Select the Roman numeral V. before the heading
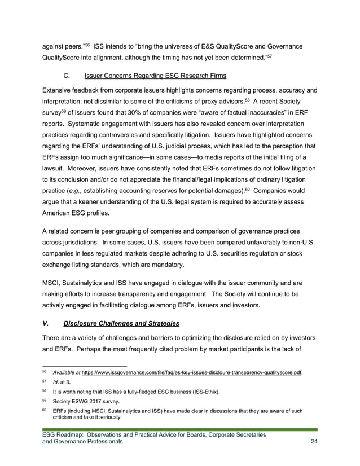point(46,323)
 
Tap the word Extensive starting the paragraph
point(60,90)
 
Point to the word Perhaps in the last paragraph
point(100,350)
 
